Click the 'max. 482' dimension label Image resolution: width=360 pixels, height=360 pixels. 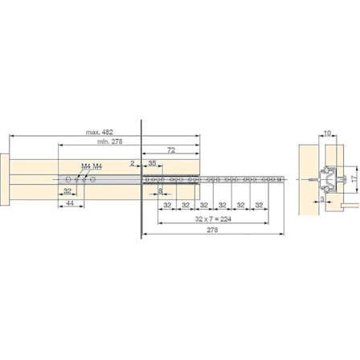pos(100,132)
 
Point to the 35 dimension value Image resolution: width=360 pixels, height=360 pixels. pos(153,162)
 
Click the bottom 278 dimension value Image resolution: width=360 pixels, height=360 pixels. pos(212,231)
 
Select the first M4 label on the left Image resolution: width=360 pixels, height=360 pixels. pos(85,166)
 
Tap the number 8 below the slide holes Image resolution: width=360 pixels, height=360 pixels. pos(162,190)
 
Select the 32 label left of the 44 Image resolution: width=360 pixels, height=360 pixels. pos(68,191)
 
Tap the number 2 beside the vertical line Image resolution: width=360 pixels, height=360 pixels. pos(133,162)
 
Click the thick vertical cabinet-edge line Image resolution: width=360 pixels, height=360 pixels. pos(141,177)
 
